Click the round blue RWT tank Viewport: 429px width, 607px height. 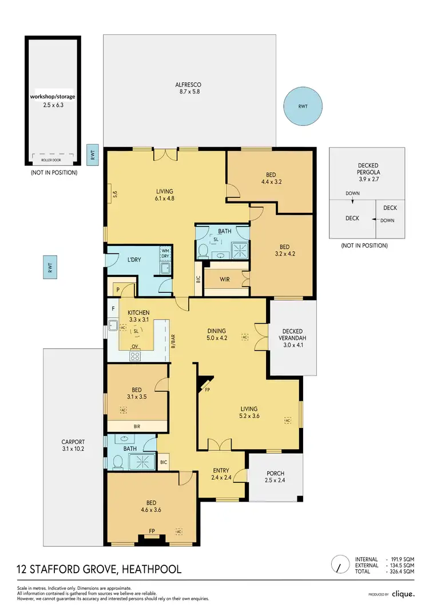coord(303,106)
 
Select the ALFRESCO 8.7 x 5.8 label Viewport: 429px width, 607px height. coord(188,88)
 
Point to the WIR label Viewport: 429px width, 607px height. coord(225,280)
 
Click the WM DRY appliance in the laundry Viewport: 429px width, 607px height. coord(165,253)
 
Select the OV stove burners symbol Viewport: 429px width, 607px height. coord(135,356)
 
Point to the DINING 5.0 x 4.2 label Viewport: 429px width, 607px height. coord(217,334)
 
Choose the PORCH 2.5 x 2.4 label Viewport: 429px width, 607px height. coord(275,477)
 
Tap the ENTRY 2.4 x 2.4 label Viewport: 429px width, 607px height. coord(220,473)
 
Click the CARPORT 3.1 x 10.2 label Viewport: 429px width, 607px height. coord(73,446)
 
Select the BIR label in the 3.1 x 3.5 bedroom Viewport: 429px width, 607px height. coord(137,426)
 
